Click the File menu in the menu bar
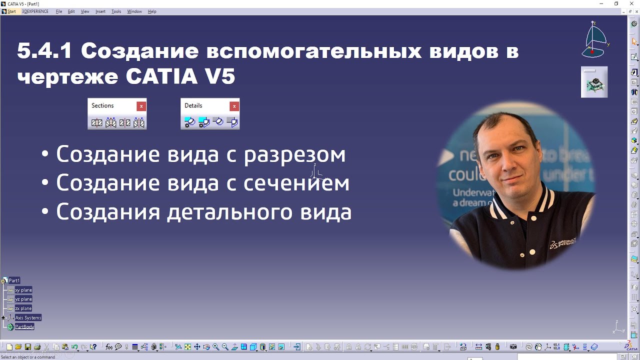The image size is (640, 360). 59,11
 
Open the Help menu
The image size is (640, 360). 152,11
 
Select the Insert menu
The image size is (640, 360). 100,11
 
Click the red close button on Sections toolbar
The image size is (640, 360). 141,106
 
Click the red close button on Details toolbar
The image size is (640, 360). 234,106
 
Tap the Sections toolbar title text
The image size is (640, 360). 102,105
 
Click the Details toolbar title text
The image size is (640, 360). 193,105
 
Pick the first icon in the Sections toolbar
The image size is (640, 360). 97,122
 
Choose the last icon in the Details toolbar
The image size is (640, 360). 232,122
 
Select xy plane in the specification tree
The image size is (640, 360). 23,290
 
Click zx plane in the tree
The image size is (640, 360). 23,308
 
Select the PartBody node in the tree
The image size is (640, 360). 24,327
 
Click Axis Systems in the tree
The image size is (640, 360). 28,318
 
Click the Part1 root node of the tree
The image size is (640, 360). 14,280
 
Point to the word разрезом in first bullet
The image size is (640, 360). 294,154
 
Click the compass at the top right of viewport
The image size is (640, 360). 594,40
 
